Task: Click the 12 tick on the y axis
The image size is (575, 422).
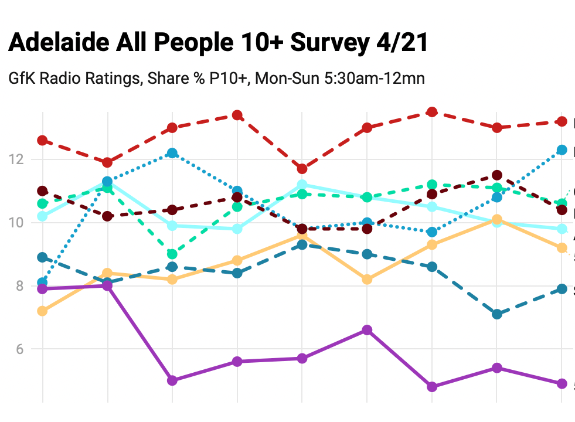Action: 21,159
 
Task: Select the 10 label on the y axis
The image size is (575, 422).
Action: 21,223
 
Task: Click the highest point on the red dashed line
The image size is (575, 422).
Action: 432,112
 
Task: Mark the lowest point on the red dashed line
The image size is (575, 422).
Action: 302,169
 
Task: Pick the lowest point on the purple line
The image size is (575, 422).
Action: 432,387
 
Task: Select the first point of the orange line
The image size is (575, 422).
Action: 42,311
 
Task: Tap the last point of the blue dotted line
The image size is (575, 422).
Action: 562,150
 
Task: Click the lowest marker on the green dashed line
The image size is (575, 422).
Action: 172,254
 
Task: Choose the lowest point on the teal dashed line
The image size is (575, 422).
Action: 497,315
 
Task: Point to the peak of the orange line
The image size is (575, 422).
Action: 497,220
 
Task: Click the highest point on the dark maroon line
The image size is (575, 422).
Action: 497,175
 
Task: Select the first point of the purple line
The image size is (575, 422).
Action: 42,289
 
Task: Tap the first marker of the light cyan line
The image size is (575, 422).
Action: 42,216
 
